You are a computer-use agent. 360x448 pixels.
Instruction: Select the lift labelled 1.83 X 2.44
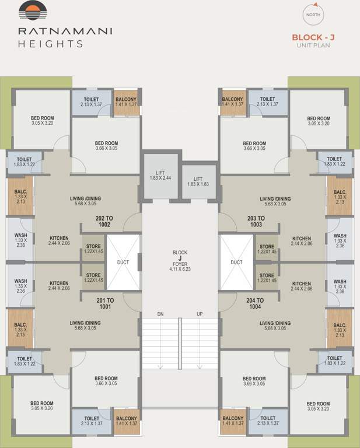click(160, 174)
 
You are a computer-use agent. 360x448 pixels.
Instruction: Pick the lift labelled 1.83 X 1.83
click(198, 181)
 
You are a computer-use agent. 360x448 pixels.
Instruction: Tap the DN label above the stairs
click(160, 314)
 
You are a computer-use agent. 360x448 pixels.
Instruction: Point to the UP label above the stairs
click(200, 314)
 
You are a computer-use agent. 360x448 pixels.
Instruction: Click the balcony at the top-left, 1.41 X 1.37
click(126, 102)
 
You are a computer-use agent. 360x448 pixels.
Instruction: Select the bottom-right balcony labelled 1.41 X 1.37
click(233, 421)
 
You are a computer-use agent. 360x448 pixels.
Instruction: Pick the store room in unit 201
click(93, 278)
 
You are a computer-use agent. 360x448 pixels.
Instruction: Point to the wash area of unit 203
click(340, 240)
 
